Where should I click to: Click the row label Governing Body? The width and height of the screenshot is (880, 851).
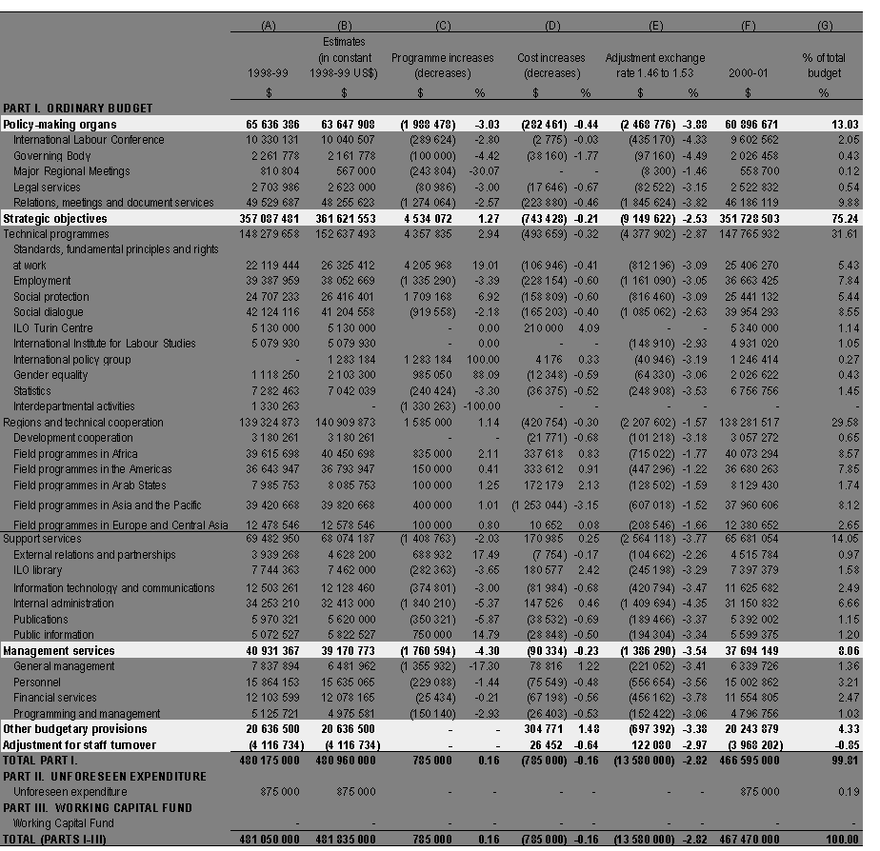(51, 155)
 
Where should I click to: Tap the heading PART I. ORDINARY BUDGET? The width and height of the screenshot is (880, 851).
(77, 109)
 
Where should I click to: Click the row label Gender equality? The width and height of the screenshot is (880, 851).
(52, 375)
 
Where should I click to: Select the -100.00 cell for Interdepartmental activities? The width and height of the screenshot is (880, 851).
(481, 406)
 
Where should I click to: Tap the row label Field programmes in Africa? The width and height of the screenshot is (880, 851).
(75, 454)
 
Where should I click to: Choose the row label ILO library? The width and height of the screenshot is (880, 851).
(37, 570)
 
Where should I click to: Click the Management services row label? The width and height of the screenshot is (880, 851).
(59, 651)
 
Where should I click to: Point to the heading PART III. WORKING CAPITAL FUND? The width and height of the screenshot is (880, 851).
(97, 807)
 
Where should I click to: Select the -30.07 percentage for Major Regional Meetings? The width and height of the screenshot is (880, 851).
(483, 170)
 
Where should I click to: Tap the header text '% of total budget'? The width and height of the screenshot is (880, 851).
(822, 66)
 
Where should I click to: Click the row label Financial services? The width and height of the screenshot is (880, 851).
(56, 698)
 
